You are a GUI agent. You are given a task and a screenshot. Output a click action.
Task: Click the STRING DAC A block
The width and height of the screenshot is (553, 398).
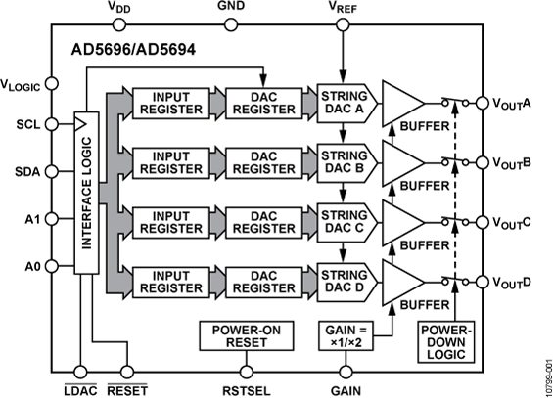pyautogui.click(x=344, y=103)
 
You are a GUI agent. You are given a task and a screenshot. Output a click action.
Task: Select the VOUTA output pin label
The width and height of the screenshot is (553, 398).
pyautogui.click(x=511, y=103)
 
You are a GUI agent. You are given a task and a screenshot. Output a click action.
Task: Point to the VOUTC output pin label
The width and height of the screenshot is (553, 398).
pyautogui.click(x=511, y=223)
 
